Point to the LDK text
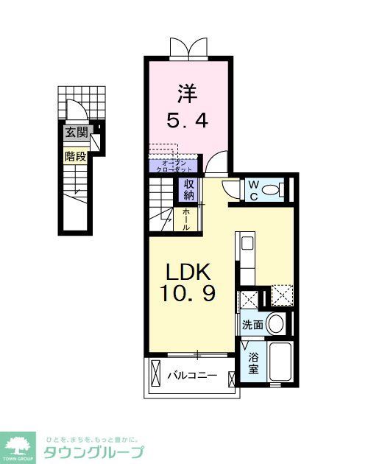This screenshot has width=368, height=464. pyautogui.click(x=188, y=271)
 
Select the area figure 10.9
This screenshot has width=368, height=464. pyautogui.click(x=188, y=295)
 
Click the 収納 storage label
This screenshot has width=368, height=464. pyautogui.click(x=189, y=190)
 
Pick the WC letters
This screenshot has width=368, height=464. pyautogui.click(x=251, y=189)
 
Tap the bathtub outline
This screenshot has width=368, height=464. pyautogui.click(x=280, y=362)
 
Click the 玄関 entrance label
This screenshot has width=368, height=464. pyautogui.click(x=75, y=133)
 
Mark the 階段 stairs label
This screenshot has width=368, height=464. pyautogui.click(x=74, y=156)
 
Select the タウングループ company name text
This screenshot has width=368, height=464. pyautogui.click(x=94, y=451)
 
